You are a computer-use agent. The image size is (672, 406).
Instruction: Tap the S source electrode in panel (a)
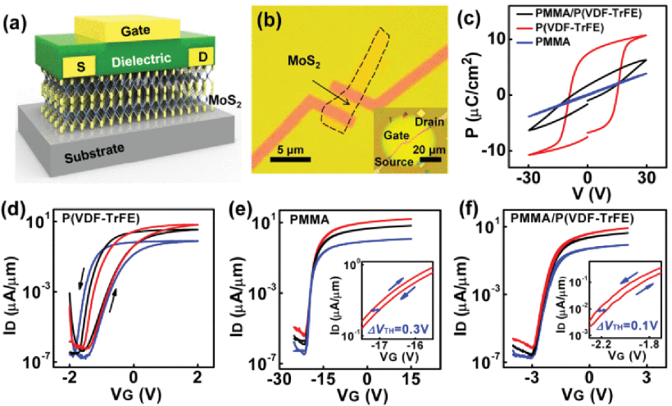(x=80, y=67)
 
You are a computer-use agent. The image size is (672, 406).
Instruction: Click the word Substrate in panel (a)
(x=94, y=153)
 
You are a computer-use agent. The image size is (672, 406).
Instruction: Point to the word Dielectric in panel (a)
(x=142, y=61)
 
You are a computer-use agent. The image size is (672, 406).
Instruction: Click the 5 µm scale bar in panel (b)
(x=290, y=159)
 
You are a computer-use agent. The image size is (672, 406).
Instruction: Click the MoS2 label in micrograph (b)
(x=304, y=62)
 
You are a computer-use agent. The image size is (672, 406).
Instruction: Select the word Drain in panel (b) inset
(x=429, y=121)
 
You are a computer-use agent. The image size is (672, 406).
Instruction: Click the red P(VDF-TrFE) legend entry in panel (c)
(x=561, y=28)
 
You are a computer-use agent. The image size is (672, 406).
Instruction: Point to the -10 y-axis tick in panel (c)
(x=491, y=151)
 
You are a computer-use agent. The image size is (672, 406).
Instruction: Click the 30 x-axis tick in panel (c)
(x=647, y=177)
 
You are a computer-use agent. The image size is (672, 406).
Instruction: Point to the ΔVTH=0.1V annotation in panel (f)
(x=628, y=326)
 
